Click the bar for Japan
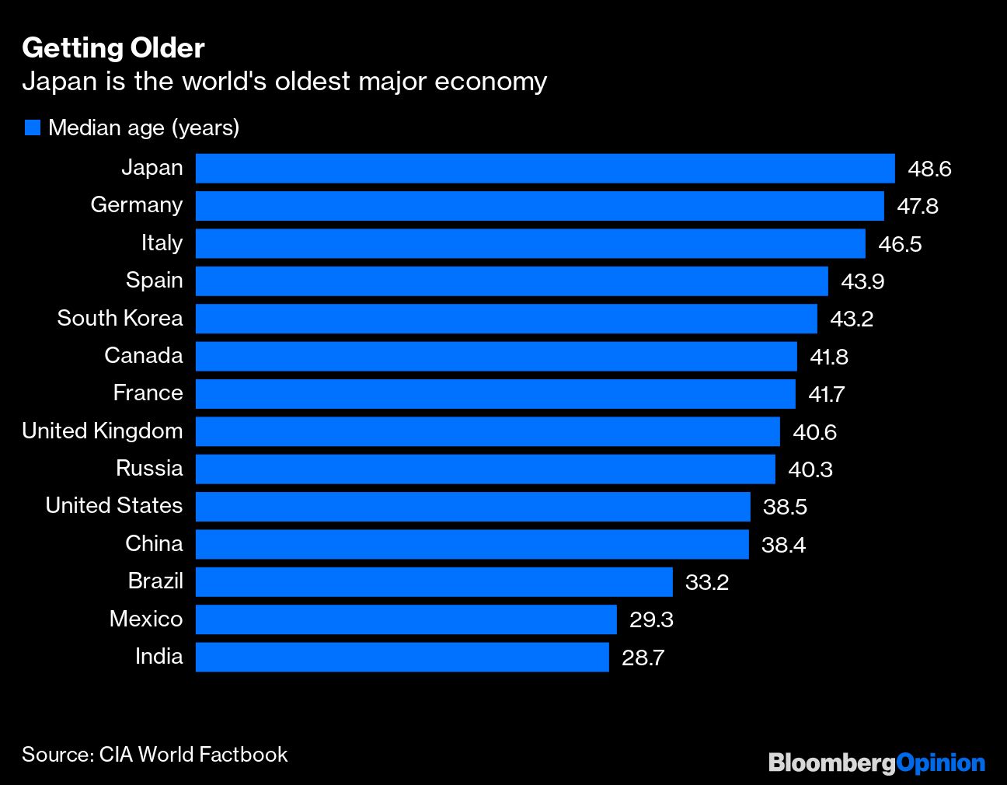click(545, 168)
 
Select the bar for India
click(402, 657)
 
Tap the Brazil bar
click(434, 581)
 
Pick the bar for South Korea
click(506, 319)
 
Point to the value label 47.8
click(918, 206)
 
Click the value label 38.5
click(785, 507)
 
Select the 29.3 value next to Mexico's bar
click(651, 619)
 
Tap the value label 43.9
click(862, 281)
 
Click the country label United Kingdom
click(103, 431)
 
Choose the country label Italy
click(162, 243)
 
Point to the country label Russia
click(149, 468)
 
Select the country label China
click(154, 543)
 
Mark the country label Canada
click(144, 356)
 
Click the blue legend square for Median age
click(32, 127)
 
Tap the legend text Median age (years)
click(144, 127)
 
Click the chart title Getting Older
click(113, 48)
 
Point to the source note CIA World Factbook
click(193, 754)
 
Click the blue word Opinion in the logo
click(940, 763)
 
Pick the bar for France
click(495, 393)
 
